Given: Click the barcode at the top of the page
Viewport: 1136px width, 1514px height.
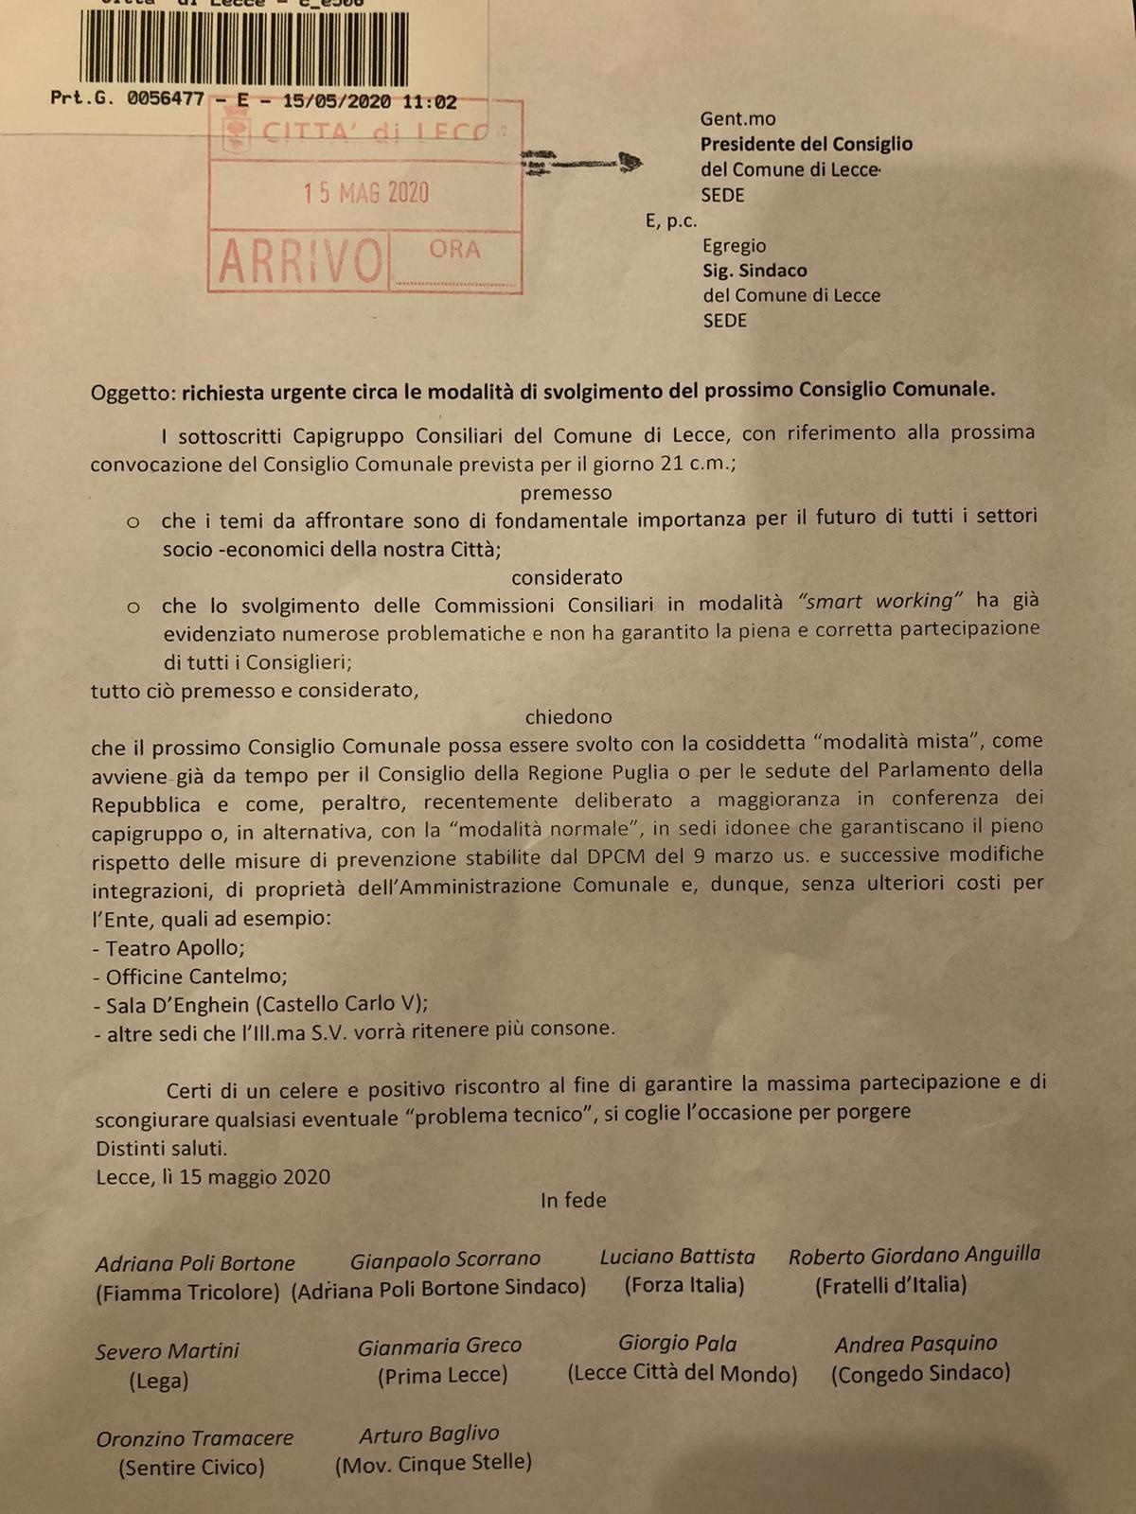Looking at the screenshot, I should [244, 47].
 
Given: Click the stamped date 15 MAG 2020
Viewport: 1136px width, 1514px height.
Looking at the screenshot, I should [365, 193].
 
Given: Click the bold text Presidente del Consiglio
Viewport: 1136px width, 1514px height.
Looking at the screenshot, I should [806, 145].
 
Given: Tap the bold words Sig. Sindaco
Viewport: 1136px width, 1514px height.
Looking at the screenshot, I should [754, 271].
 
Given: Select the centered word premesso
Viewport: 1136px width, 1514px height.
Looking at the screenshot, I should [566, 492].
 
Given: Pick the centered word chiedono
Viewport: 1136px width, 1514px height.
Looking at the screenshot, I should [568, 717].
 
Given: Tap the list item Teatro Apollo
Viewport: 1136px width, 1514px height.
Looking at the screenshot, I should [174, 948].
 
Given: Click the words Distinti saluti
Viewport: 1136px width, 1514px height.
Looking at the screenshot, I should [161, 1149].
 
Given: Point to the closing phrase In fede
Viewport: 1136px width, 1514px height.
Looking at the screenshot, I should [573, 1201].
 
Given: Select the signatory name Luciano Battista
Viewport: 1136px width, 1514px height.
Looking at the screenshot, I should [678, 1257].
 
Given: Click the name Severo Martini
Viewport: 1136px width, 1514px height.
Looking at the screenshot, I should [168, 1351].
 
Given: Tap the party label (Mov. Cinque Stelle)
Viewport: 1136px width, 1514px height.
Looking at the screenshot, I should [433, 1464].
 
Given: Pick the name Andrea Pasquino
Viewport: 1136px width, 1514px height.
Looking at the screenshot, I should [915, 1344].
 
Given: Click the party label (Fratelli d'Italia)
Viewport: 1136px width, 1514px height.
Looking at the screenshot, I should [891, 1285].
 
